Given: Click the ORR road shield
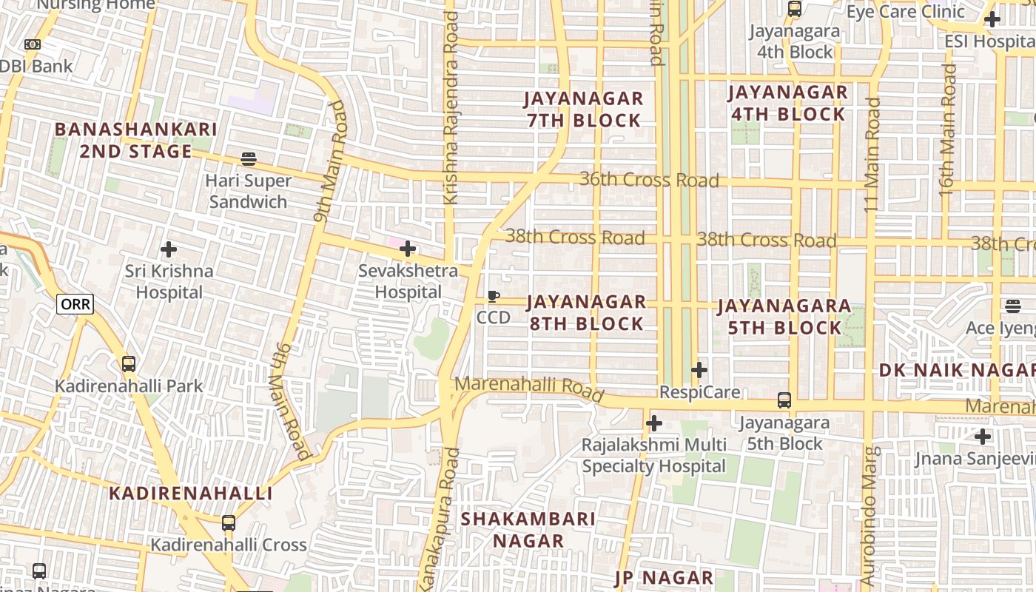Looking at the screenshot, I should [x=75, y=304].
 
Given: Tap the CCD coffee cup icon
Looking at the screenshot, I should [x=494, y=297].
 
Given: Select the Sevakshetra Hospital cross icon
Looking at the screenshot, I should [x=408, y=249].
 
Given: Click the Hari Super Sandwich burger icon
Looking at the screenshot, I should [x=249, y=159].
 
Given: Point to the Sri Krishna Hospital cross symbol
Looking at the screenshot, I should [x=169, y=249].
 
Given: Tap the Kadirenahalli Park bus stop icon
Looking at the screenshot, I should [x=129, y=364].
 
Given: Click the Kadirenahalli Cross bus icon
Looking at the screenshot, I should [x=229, y=523].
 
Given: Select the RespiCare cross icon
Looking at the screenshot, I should [x=699, y=370].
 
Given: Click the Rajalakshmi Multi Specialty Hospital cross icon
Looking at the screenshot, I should [x=654, y=423].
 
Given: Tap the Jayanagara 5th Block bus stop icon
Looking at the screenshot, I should [x=784, y=400].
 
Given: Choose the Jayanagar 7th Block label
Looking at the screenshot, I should [x=584, y=110].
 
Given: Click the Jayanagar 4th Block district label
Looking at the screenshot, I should [x=787, y=104].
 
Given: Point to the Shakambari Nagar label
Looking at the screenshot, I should [x=528, y=530].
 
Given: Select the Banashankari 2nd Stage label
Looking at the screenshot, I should [x=135, y=141].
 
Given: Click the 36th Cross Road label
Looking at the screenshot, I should [x=648, y=180].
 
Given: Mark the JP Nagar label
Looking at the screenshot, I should [x=665, y=578].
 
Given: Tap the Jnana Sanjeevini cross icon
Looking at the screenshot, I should [x=983, y=437].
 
